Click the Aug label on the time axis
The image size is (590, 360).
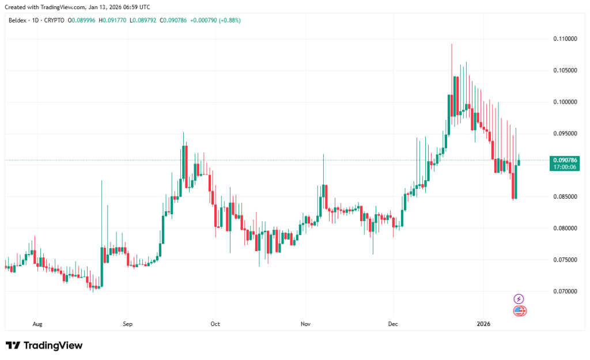coord(37,324)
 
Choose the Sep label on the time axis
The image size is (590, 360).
coord(127,324)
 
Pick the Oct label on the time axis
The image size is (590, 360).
coord(215,324)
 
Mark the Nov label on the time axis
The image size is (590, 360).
coord(305,324)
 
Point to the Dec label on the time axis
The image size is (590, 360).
coord(394,324)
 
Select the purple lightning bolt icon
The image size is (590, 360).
coord(519,298)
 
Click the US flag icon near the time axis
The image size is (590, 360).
coord(519,311)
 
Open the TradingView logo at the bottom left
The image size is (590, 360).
coord(44,346)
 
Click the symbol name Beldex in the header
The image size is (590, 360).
coord(17,20)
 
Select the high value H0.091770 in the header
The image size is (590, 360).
coord(112,20)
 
